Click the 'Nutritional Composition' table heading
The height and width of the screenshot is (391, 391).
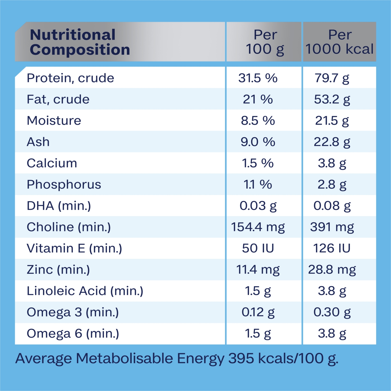tap(80, 42)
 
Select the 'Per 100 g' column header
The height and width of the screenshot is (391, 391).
tap(265, 42)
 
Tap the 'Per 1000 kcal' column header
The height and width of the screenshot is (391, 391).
tap(339, 42)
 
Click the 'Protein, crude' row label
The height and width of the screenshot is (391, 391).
tap(70, 78)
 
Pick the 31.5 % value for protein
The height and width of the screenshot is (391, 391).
tap(258, 78)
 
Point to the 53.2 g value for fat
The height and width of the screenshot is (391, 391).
tap(332, 99)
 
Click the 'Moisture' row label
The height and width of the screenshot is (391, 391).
tap(54, 120)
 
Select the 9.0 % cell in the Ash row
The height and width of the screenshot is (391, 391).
tap(258, 142)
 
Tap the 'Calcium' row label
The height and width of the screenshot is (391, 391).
tap(52, 163)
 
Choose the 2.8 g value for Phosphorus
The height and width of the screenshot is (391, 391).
tap(332, 185)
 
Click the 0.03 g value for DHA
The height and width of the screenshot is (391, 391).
tap(258, 206)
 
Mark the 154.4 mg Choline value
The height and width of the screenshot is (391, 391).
tap(258, 227)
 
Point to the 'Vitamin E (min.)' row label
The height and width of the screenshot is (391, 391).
tap(74, 248)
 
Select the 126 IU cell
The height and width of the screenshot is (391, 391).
tap(332, 248)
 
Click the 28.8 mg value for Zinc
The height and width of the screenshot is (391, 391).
tap(332, 270)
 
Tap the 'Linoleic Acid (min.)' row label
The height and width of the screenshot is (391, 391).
tap(85, 291)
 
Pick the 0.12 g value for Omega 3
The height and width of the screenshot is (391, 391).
tap(258, 312)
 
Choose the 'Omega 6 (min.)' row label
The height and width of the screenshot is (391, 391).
tap(73, 333)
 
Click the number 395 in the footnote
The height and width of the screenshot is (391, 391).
tap(241, 358)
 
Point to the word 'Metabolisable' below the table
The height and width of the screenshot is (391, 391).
tap(124, 358)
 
